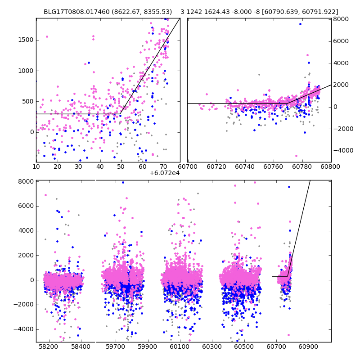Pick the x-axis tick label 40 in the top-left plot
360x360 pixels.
pos(100,166)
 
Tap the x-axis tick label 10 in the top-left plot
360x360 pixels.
pos(36,166)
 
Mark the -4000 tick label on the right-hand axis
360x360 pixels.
pos(342,150)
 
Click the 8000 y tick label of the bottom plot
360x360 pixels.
pos(25,181)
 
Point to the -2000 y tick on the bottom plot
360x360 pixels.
pos(24,305)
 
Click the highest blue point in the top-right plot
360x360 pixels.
pos(300,24)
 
